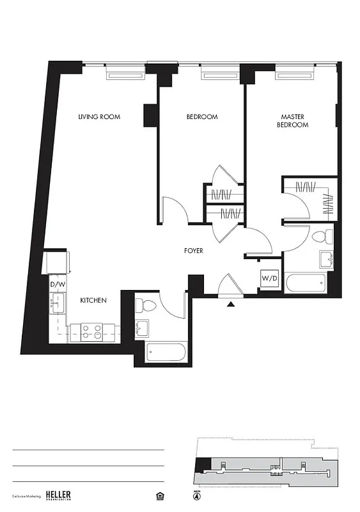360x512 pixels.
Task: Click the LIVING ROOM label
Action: click(x=99, y=117)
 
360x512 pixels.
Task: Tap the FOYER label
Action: click(x=193, y=251)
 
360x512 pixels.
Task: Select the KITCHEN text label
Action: click(x=93, y=300)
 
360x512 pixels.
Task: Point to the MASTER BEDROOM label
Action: click(x=292, y=121)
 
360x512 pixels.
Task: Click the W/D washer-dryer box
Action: click(x=269, y=279)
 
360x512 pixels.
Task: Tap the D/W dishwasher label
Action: click(x=58, y=284)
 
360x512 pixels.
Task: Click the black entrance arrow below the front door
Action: click(x=231, y=305)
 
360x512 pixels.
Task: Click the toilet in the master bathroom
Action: click(x=327, y=237)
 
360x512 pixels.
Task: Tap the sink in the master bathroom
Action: click(x=327, y=259)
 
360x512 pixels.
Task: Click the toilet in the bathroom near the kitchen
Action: click(x=144, y=306)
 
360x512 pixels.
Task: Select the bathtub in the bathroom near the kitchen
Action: click(x=165, y=351)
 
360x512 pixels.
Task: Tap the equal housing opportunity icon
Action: click(x=160, y=495)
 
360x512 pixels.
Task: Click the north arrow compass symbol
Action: click(x=196, y=495)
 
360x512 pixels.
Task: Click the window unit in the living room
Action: click(x=128, y=75)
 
